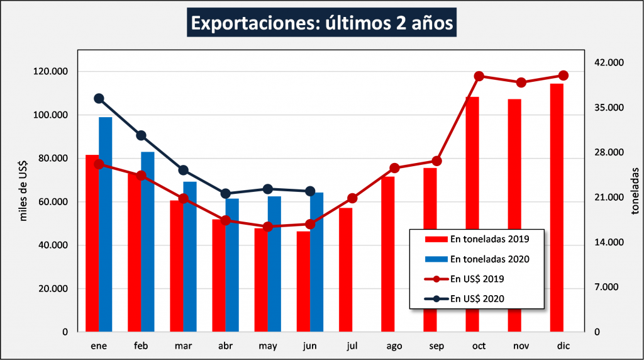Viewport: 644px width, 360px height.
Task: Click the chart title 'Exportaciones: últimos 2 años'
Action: click(321, 23)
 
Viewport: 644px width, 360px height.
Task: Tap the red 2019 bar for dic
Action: click(557, 208)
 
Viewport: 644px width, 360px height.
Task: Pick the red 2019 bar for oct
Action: click(472, 214)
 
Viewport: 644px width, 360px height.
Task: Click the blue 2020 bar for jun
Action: click(316, 261)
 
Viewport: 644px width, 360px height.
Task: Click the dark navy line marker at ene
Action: click(99, 98)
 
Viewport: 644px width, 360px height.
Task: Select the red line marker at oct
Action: click(479, 76)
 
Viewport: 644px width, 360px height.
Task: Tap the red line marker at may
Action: click(267, 227)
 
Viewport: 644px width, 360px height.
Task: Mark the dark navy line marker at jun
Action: click(309, 191)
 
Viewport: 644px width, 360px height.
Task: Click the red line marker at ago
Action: click(394, 168)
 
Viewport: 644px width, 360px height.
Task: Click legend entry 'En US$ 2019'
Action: click(477, 278)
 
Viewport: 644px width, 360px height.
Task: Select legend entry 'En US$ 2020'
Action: click(477, 298)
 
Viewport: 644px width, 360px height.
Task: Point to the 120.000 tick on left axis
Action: click(53, 72)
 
